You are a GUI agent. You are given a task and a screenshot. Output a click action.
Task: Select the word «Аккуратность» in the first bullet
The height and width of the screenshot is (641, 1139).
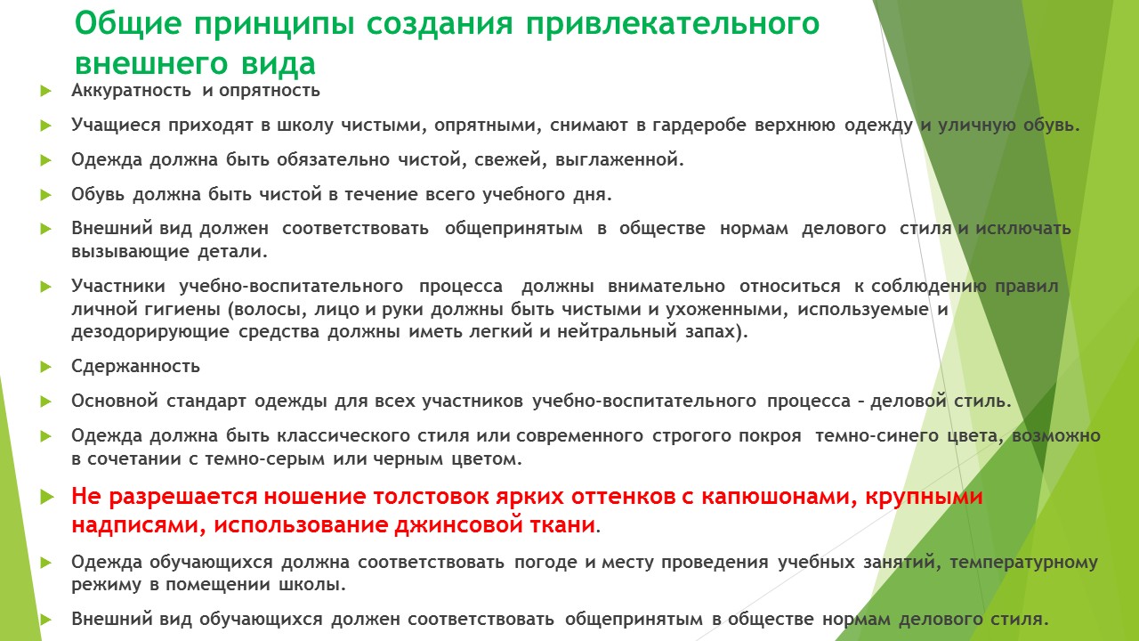click(x=131, y=91)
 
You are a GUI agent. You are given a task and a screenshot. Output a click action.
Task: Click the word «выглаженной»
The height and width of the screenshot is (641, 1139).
click(x=619, y=160)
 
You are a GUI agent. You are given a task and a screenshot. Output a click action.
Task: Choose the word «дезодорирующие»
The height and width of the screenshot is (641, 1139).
click(x=150, y=332)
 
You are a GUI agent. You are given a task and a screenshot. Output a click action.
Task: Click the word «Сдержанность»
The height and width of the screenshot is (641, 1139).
click(x=136, y=367)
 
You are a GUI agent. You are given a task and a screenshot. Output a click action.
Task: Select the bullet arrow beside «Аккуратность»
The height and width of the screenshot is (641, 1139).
click(x=45, y=92)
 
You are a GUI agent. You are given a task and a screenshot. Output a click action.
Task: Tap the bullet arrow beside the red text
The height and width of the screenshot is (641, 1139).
click(x=47, y=497)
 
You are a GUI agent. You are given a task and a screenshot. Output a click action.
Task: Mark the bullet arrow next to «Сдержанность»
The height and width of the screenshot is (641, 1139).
click(x=45, y=367)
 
